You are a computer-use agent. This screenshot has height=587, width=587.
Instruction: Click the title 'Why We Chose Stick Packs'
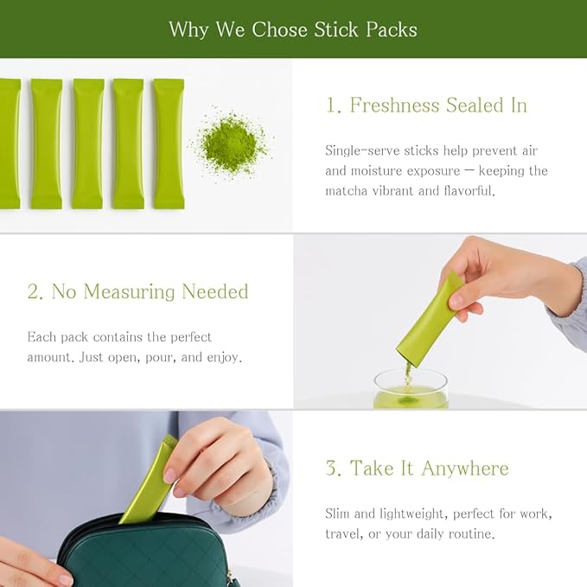point(293,29)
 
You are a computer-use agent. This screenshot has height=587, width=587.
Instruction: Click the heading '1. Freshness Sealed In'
point(426,105)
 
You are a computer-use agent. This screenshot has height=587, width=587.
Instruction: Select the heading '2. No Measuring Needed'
point(137,292)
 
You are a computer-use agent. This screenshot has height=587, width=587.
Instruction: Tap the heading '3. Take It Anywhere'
point(417,469)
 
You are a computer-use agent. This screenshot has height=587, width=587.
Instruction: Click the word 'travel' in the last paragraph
point(342,534)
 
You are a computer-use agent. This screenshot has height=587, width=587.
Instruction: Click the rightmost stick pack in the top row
point(169,144)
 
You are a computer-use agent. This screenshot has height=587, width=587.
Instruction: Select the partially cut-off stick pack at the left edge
point(9,144)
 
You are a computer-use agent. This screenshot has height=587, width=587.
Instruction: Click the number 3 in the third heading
point(334,469)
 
